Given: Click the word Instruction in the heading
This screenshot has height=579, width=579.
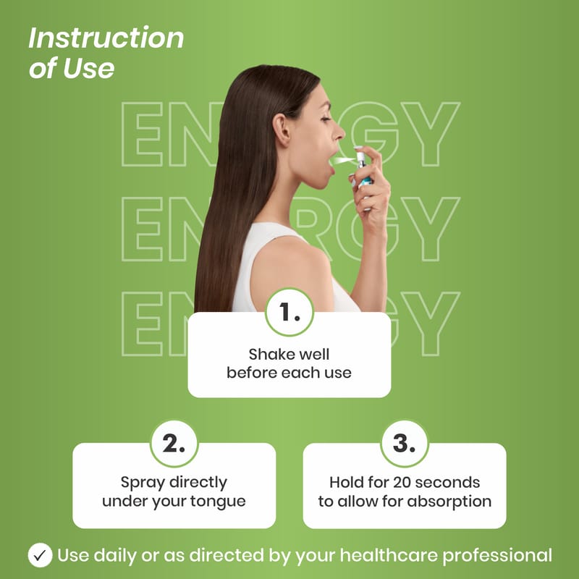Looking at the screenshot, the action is pyautogui.click(x=106, y=38).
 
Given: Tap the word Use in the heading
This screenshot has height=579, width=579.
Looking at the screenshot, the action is pyautogui.click(x=88, y=68).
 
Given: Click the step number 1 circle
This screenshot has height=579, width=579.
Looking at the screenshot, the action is pyautogui.click(x=289, y=312).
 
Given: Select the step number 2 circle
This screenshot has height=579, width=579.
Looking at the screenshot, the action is pyautogui.click(x=174, y=444).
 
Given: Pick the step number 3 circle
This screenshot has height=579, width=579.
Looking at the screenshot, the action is pyautogui.click(x=405, y=444).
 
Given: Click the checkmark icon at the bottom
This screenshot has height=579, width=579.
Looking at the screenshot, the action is pyautogui.click(x=40, y=555).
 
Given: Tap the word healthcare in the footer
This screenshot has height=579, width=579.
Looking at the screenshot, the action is pyautogui.click(x=389, y=555).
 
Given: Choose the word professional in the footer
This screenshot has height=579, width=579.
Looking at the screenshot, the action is pyautogui.click(x=497, y=556).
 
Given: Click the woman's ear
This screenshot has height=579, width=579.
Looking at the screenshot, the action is pyautogui.click(x=282, y=130).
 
